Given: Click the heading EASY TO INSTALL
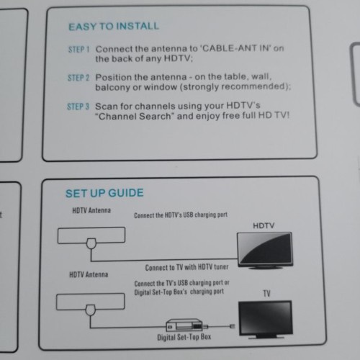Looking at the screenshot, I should [x=113, y=27].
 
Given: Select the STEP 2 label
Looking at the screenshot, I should [x=78, y=77].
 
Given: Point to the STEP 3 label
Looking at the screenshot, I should [x=78, y=106].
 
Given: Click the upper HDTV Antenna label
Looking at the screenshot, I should [x=91, y=210].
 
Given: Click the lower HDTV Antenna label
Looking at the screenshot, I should [x=89, y=274].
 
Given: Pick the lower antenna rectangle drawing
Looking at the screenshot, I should [x=89, y=301].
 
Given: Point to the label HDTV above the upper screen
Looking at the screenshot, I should [x=264, y=225].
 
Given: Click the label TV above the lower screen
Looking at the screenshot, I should [x=267, y=294].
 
